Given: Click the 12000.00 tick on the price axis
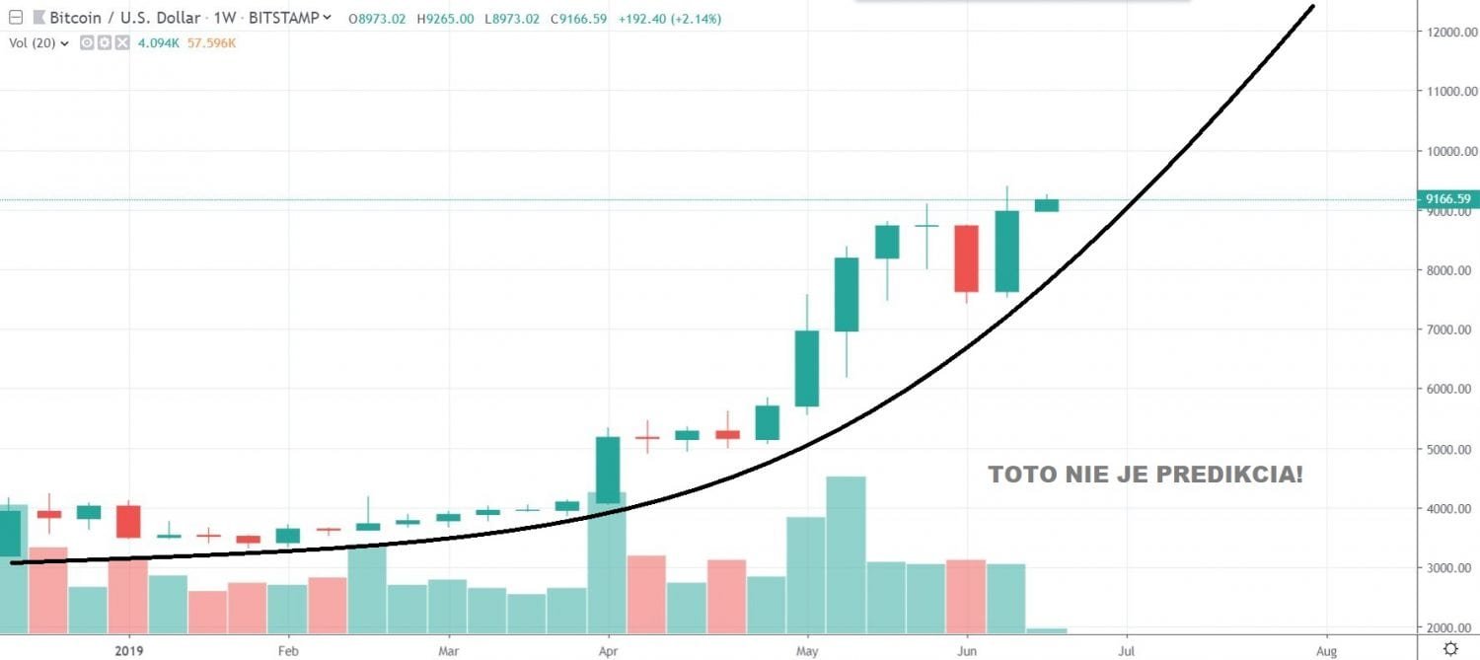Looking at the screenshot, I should [x=1446, y=33].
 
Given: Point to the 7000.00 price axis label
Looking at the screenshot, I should [x=1446, y=330].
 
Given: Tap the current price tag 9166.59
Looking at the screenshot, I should [x=1447, y=199].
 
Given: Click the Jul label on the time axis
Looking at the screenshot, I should [x=1126, y=651].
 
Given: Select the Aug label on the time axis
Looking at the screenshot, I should [x=1326, y=651].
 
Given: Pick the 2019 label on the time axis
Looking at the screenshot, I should [x=129, y=651].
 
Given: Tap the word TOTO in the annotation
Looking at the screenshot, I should [x=1020, y=475].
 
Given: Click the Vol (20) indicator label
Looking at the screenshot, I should [x=33, y=43].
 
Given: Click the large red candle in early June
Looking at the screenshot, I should [x=966, y=258].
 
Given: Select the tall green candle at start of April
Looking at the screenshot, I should [x=608, y=470].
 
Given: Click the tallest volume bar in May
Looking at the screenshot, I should [x=846, y=552].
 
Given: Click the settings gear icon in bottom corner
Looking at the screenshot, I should [x=1449, y=648].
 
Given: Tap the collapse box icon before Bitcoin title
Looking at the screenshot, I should [x=15, y=18].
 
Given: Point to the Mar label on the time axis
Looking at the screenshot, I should [x=449, y=651].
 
